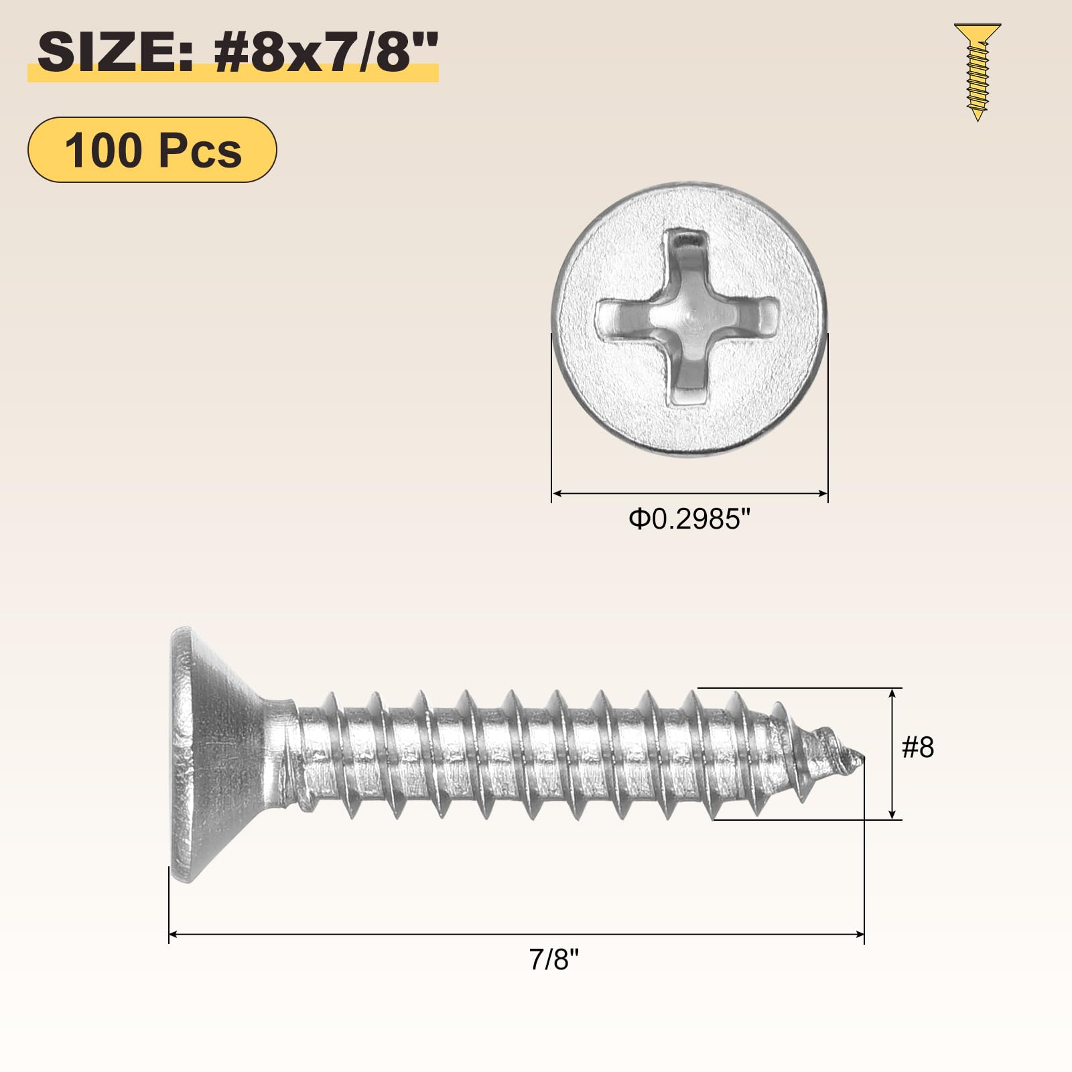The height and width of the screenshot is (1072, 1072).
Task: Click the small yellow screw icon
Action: [x=978, y=72]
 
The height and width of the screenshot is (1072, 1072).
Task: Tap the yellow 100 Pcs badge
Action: [x=152, y=149]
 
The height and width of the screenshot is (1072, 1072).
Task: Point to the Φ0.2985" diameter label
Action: [x=689, y=519]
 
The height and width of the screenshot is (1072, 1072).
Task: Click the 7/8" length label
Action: [x=553, y=959]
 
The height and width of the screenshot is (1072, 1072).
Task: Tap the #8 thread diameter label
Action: [x=918, y=747]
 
